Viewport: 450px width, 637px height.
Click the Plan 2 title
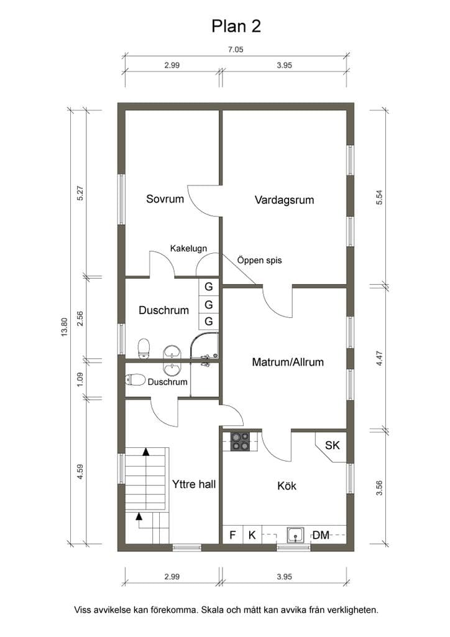click(236, 26)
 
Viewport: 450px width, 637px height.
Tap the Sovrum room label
click(165, 198)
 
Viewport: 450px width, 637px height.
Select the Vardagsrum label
click(284, 200)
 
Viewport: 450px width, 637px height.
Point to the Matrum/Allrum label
click(288, 362)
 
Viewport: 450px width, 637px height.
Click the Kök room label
click(287, 485)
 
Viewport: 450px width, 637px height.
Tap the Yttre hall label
click(193, 484)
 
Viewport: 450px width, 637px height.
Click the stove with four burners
click(240, 441)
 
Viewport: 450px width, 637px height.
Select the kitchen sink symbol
click(295, 535)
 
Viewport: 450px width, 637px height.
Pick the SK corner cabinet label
click(333, 445)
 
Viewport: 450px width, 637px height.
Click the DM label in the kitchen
click(321, 535)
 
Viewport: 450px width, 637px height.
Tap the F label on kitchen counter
click(232, 535)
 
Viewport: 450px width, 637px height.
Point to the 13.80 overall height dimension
click(64, 327)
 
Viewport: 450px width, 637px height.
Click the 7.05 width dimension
click(236, 50)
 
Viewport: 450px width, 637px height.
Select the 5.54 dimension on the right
click(379, 197)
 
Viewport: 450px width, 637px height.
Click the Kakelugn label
click(188, 248)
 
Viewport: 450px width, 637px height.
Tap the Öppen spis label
click(259, 260)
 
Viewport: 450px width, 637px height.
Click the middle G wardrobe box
click(209, 304)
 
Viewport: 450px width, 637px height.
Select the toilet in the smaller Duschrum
click(135, 380)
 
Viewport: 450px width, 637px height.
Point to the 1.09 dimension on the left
click(80, 379)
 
